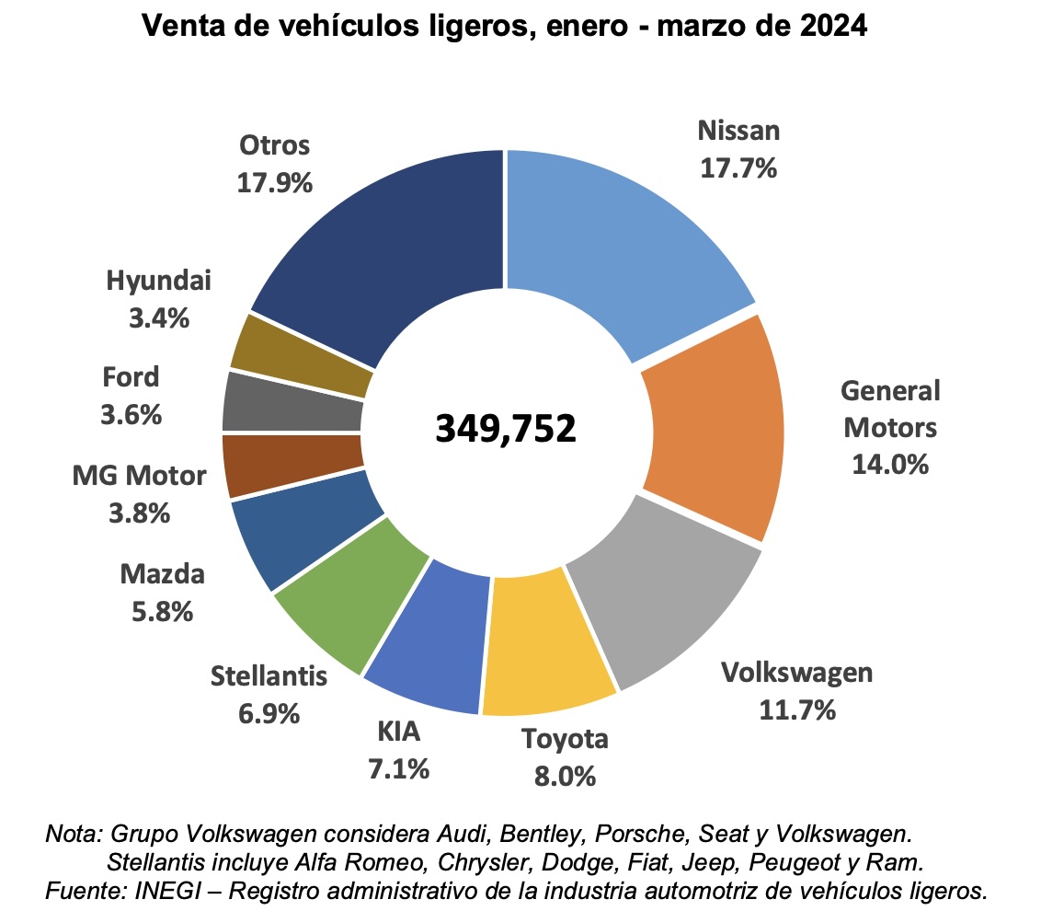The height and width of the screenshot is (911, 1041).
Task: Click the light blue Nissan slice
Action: click(616, 239)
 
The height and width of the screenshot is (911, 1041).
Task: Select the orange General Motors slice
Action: click(713, 428)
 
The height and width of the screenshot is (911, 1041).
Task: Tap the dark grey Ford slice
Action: click(292, 403)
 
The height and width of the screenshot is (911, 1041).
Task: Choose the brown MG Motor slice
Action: click(292, 465)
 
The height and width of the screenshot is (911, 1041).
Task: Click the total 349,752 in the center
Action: click(505, 428)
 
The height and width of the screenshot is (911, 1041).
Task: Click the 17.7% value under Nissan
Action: click(738, 168)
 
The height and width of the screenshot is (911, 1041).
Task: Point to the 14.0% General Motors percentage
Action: click(889, 464)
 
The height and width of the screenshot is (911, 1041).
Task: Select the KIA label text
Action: click(398, 732)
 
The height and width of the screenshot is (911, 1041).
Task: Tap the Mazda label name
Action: click(162, 576)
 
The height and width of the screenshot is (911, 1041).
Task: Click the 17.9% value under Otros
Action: click(275, 182)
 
